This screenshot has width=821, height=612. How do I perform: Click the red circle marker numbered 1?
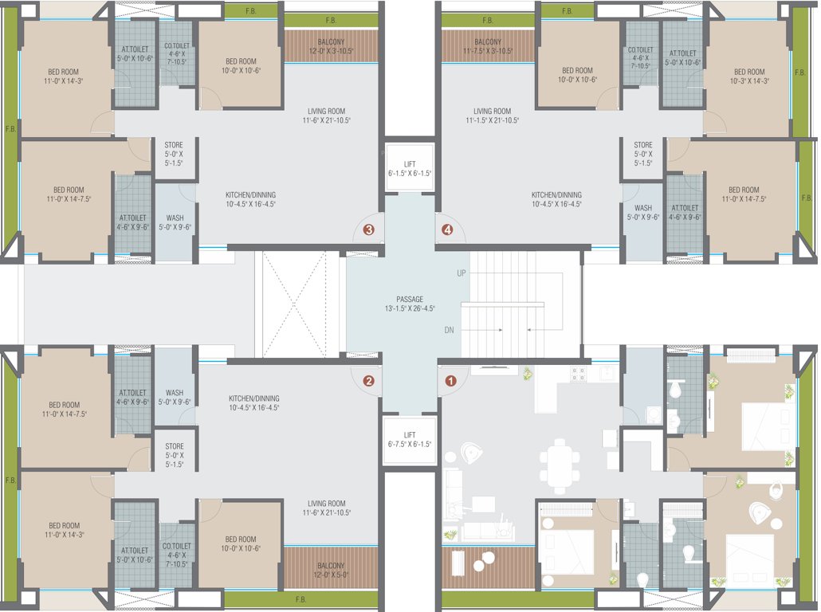pos(450,381)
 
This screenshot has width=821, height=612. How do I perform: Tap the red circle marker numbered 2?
pos(368,381)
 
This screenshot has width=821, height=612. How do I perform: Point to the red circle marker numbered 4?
pos(447,230)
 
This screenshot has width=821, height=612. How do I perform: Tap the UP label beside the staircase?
pos(461,273)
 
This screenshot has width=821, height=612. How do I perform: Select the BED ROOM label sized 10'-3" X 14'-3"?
pos(748,76)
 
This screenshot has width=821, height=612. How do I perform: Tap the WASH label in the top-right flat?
pos(642,214)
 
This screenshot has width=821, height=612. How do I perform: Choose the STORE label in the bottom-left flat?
pos(174,451)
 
